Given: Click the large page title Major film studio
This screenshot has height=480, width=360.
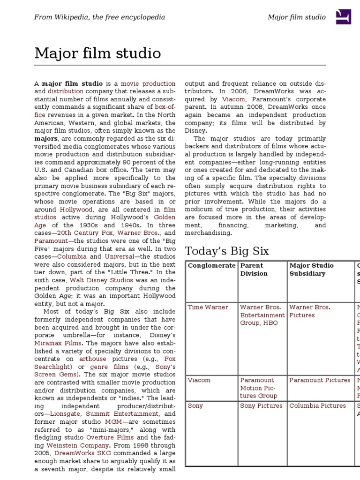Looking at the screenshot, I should coord(97,53).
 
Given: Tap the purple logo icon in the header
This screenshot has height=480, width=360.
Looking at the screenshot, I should coord(343,17).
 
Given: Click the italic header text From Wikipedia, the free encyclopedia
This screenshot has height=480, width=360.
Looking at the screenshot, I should coord(99,17).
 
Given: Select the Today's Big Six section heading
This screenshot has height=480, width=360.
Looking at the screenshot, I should coord(227,251).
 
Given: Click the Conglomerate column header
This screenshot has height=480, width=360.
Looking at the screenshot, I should coord(211,266).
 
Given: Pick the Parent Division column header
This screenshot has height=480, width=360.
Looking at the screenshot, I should coord(252,270).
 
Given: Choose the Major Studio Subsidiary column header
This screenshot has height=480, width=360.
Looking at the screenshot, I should coord(311,270).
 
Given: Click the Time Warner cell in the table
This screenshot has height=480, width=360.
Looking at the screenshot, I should coord(208,307).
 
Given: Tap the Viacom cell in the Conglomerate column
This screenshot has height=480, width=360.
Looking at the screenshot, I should coord(199,380).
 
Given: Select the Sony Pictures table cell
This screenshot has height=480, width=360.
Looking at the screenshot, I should coord(261,405).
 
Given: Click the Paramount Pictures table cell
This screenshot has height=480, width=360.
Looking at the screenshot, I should coord(320,380).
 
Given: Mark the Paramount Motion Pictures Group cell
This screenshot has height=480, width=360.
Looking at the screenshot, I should coord(258,388).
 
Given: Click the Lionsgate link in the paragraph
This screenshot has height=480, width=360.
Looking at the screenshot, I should coord(65,414).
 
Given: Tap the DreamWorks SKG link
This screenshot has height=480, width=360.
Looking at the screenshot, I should coord(77,453).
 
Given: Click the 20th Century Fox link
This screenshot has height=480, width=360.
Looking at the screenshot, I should coord(86,232).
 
